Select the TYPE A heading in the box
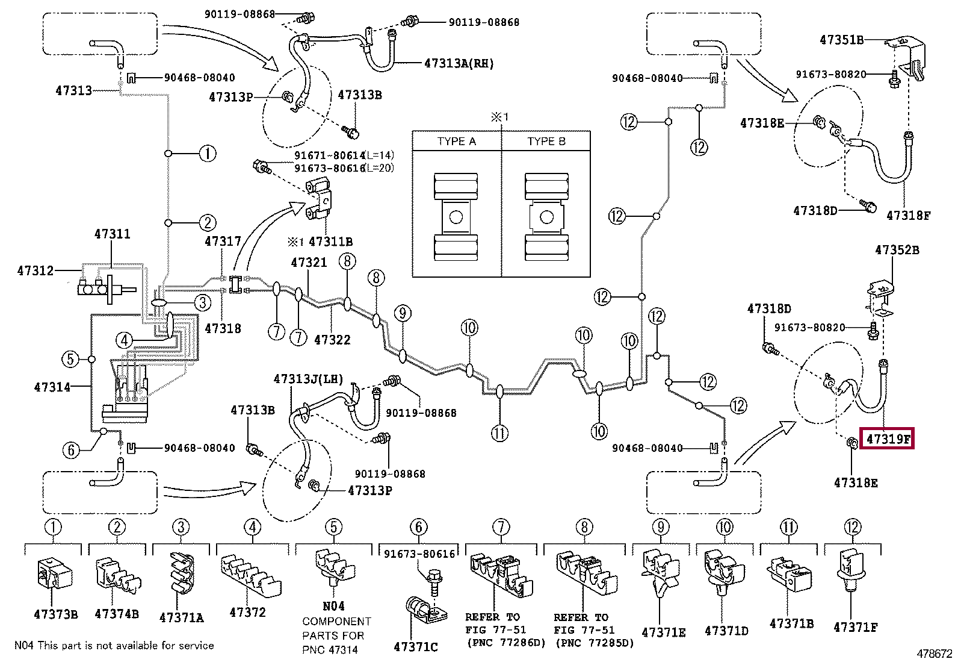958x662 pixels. pos(456,142)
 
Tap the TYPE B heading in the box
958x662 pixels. pos(546,142)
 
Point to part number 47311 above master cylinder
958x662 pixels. pos(112,234)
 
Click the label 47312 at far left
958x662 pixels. pos(35,271)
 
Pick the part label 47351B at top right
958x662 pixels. pos(841,40)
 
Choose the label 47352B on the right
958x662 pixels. pos(897,249)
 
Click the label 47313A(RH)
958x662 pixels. pos(459,63)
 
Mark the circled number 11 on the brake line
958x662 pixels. pos(499,432)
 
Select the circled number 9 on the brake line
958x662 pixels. pos(403,313)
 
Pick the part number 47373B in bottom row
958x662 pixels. pos(55,614)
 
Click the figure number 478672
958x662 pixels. pos(935,653)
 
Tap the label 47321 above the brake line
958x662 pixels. pos(309,263)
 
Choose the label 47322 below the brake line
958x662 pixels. pos(332,340)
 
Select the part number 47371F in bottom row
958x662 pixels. pos(855,628)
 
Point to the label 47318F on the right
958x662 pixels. pos(909,214)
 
